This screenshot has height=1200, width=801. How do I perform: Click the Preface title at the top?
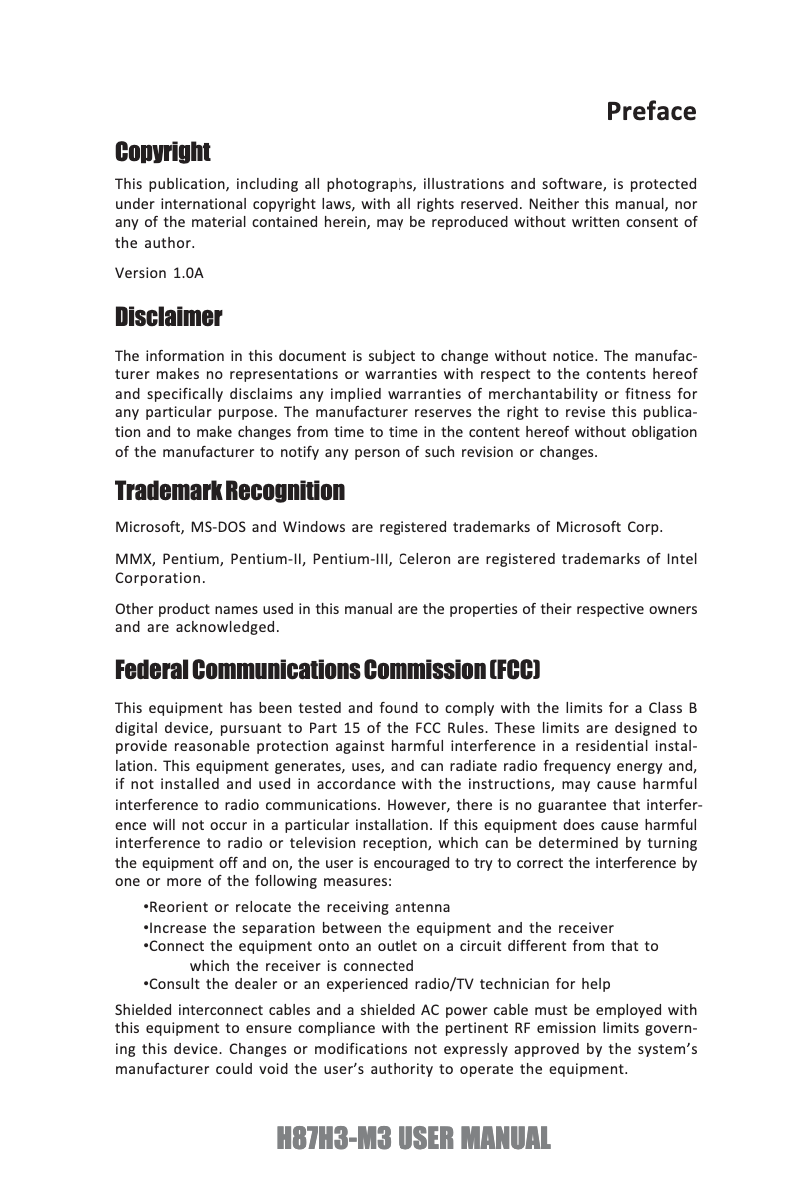click(x=651, y=111)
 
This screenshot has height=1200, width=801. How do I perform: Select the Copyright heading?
click(x=162, y=152)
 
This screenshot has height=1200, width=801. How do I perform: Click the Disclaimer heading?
click(x=168, y=318)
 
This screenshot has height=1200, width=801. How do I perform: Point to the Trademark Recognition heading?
click(x=230, y=491)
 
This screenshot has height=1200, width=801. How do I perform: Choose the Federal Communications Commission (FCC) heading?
click(x=329, y=667)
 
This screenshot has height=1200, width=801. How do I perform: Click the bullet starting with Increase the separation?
click(x=380, y=928)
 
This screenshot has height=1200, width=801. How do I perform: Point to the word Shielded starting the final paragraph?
click(x=147, y=1011)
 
